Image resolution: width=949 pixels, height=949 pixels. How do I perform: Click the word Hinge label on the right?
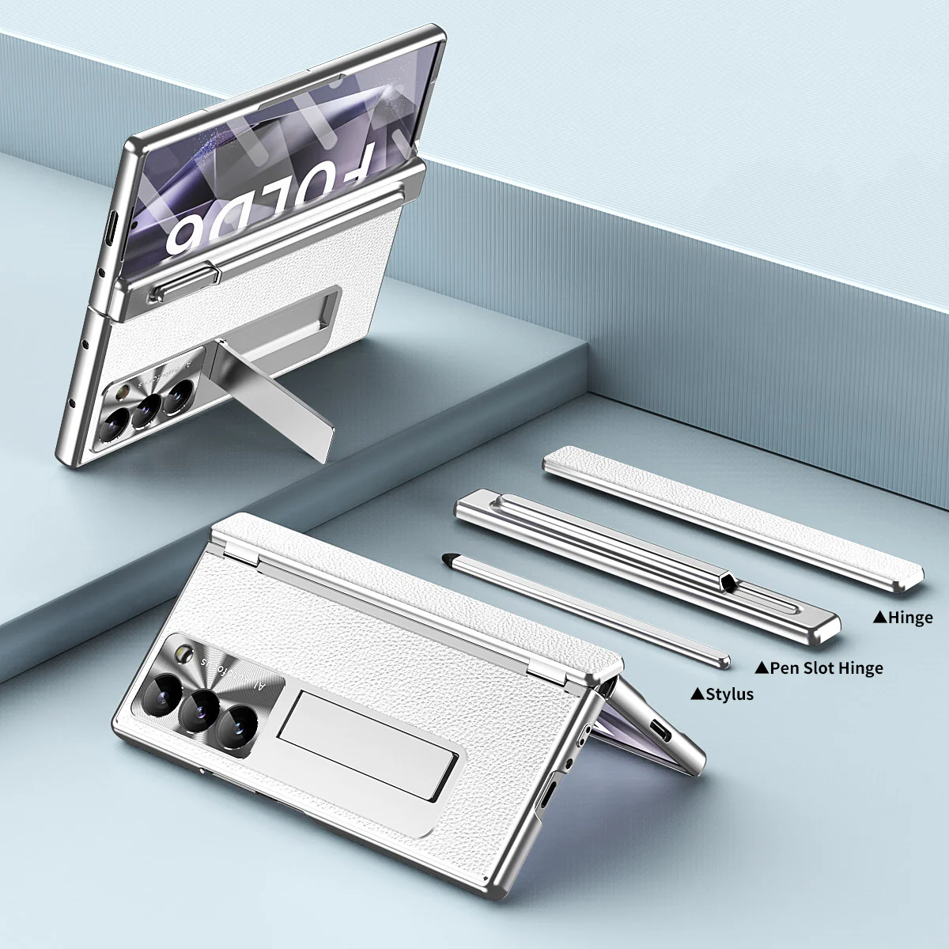pyautogui.click(x=910, y=618)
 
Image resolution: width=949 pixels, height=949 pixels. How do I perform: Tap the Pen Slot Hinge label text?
pyautogui.click(x=826, y=668)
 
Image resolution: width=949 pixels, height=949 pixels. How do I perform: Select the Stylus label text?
pyautogui.click(x=729, y=694)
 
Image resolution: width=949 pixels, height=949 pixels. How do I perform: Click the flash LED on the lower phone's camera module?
pyautogui.click(x=187, y=653)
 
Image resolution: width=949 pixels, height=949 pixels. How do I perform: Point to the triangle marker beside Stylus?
pyautogui.click(x=698, y=694)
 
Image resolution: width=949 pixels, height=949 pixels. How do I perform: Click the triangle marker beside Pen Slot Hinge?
pyautogui.click(x=762, y=668)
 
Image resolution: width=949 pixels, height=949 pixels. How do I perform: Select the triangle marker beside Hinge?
pyautogui.click(x=879, y=618)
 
